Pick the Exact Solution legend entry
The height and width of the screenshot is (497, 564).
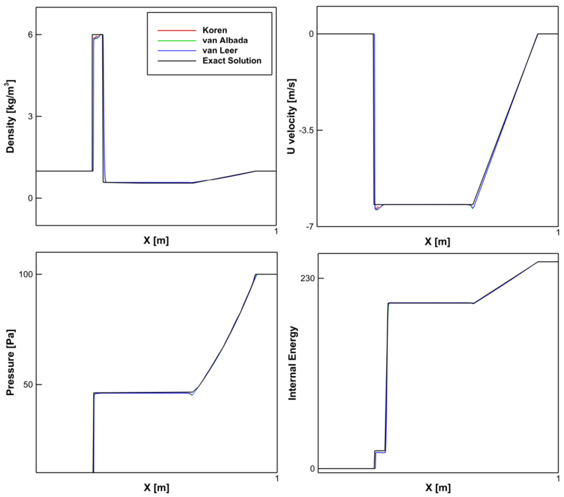pos(232,61)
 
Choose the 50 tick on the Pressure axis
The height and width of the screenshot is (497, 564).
pos(28,384)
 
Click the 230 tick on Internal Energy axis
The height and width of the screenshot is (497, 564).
pos(308,278)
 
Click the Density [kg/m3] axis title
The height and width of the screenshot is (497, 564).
pos(10,116)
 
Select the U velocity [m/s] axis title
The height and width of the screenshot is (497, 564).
pos(291,116)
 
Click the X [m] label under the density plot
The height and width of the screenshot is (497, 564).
pos(156,240)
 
